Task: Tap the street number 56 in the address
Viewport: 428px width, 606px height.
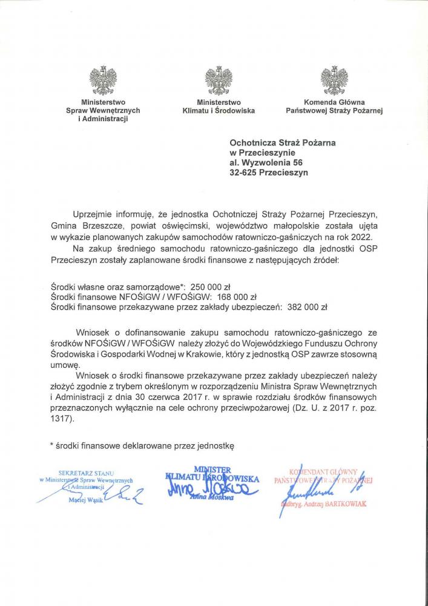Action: [297, 162]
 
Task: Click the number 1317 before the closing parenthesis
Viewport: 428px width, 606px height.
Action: [61, 419]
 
